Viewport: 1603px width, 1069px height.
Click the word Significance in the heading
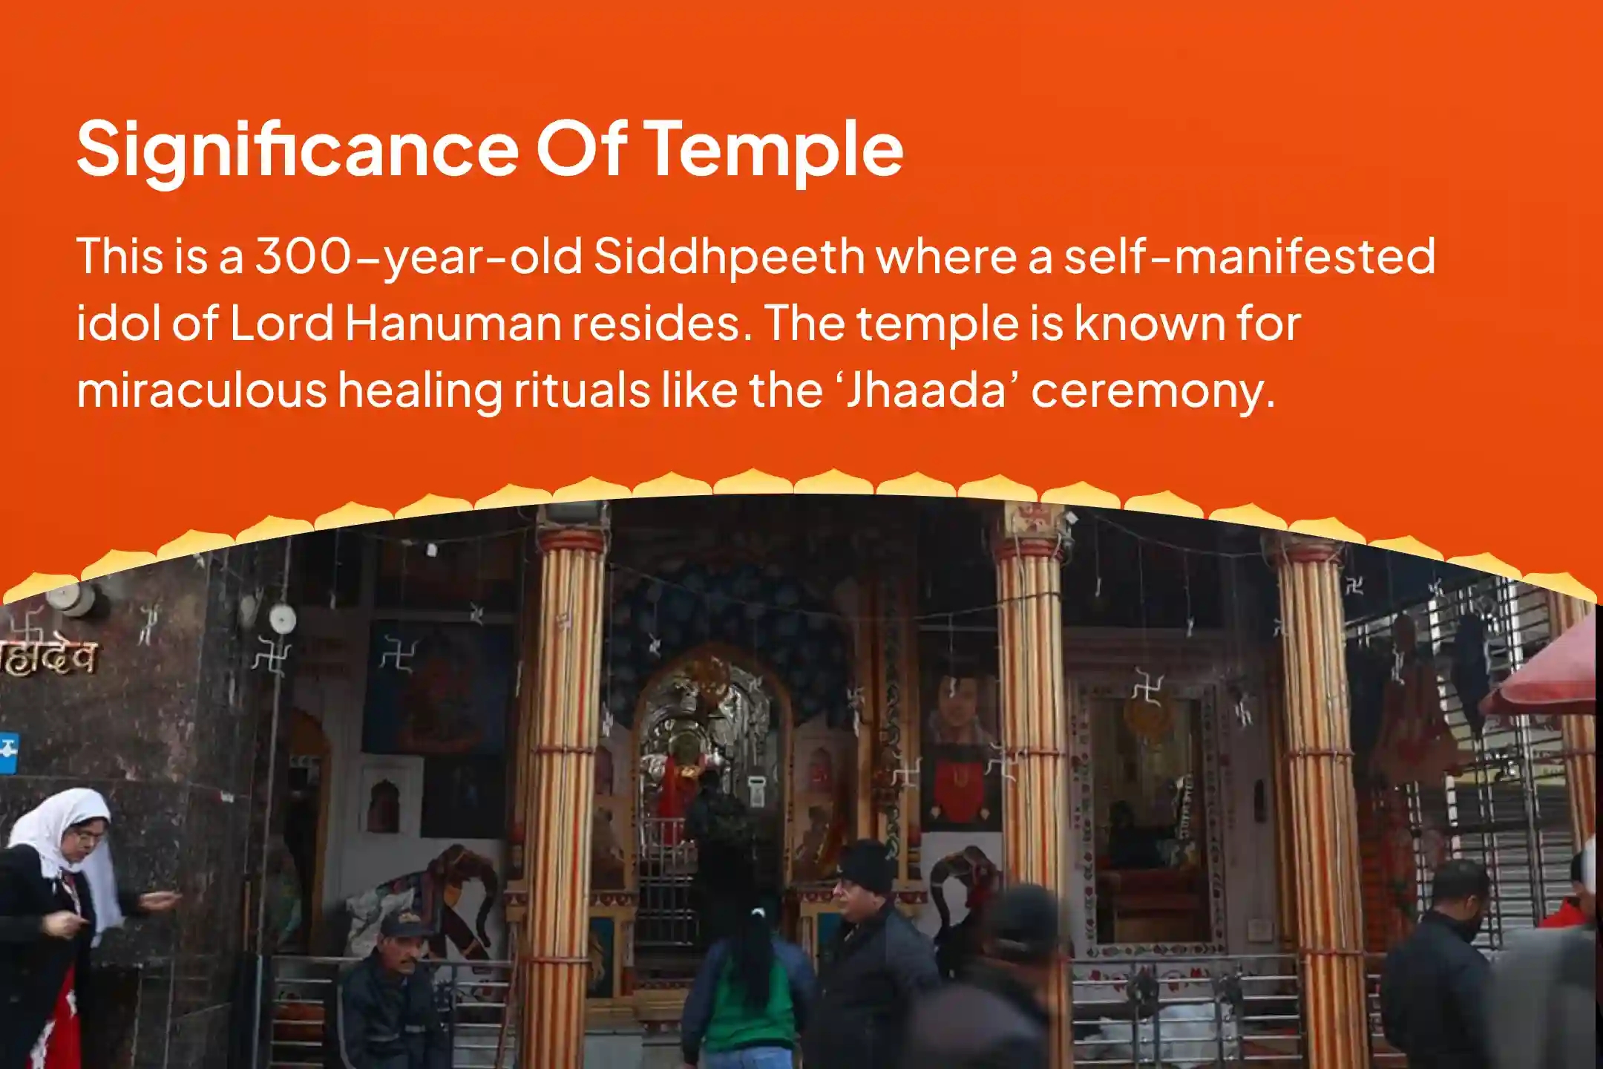[298, 151]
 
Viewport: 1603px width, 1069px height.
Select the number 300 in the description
[302, 256]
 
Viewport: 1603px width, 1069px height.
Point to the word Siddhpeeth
[729, 257]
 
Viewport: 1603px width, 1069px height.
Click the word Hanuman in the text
[453, 324]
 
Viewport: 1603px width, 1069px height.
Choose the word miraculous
[201, 390]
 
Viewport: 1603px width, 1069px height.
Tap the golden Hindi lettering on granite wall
[48, 657]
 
